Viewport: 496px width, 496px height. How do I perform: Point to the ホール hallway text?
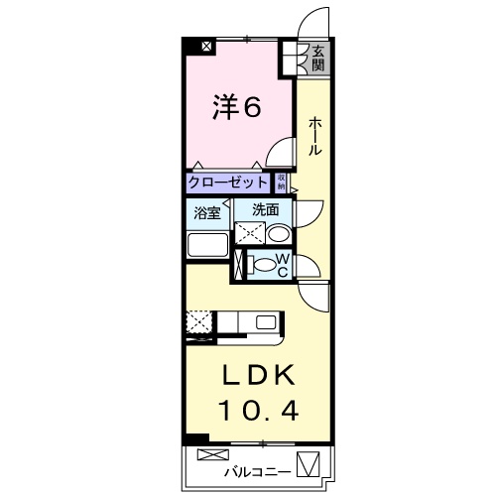pyautogui.click(x=314, y=136)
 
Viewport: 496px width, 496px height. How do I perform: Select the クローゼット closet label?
pyautogui.click(x=228, y=183)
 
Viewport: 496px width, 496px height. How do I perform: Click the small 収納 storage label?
pyautogui.click(x=282, y=183)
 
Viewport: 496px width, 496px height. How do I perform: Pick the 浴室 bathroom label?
pyautogui.click(x=207, y=211)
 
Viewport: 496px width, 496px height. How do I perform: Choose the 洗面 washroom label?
pyautogui.click(x=264, y=209)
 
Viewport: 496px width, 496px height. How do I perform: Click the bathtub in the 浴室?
pyautogui.click(x=208, y=246)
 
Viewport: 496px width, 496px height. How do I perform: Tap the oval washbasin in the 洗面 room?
pyautogui.click(x=279, y=235)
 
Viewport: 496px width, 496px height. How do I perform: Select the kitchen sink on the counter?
pyautogui.click(x=266, y=321)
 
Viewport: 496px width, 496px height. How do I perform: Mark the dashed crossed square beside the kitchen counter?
pyautogui.click(x=197, y=322)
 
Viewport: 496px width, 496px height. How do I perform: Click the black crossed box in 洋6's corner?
pyautogui.click(x=206, y=46)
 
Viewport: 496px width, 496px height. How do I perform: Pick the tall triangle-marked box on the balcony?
pyautogui.click(x=310, y=462)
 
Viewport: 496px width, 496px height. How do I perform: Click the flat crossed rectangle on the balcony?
pyautogui.click(x=212, y=454)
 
